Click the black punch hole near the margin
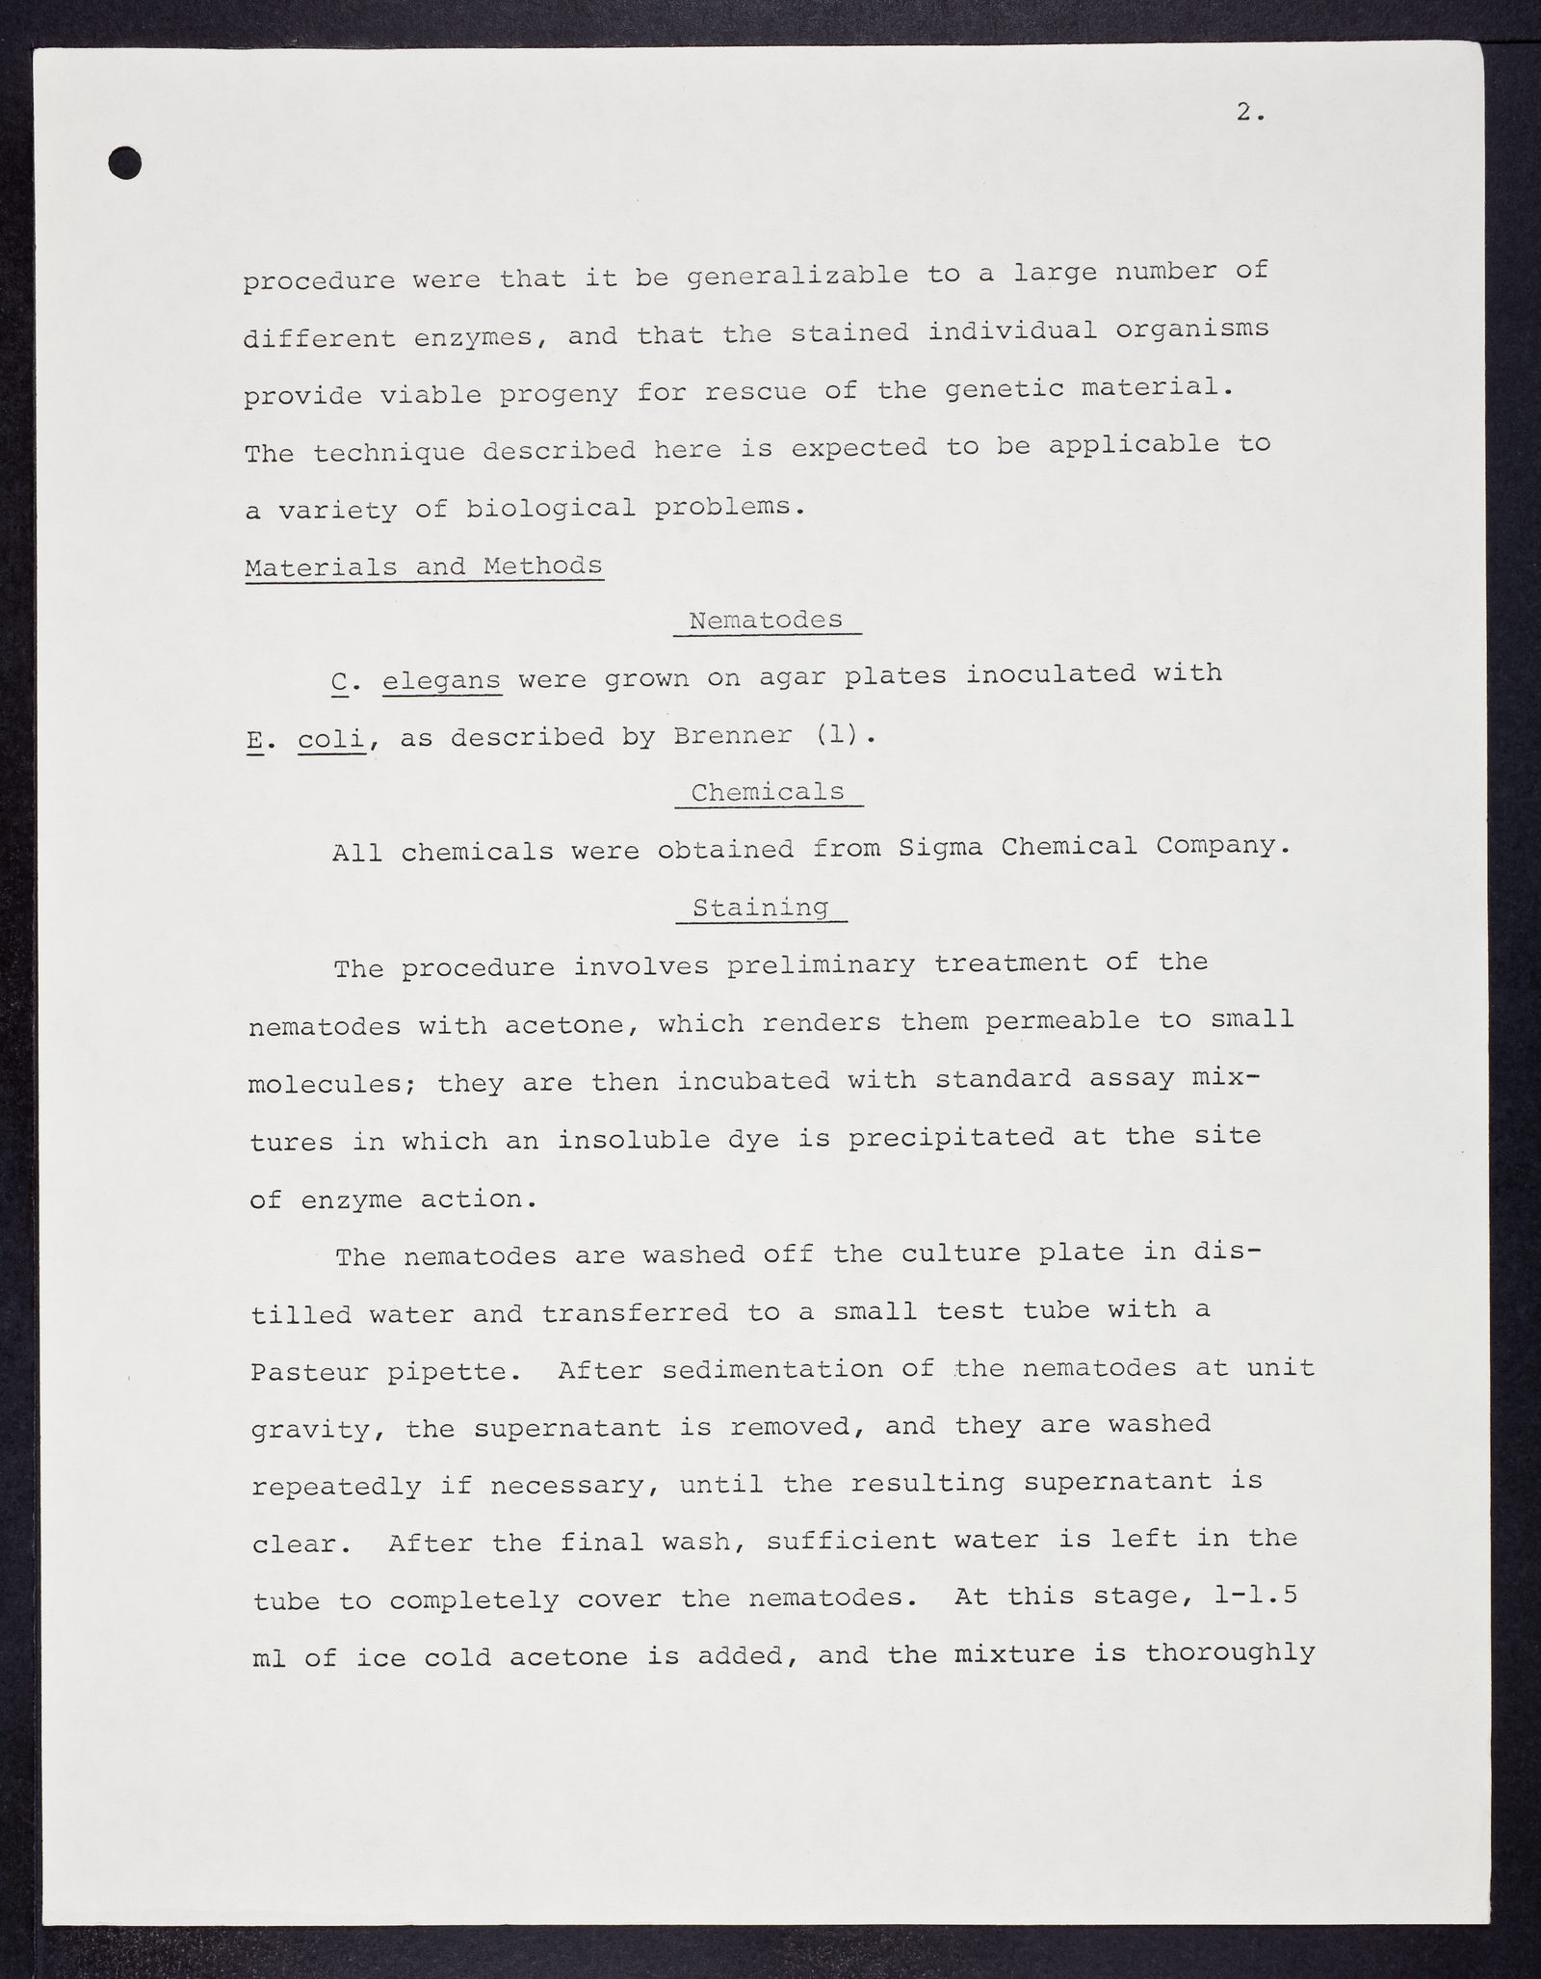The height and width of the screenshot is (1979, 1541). [x=125, y=163]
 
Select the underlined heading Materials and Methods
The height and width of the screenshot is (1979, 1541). [x=424, y=567]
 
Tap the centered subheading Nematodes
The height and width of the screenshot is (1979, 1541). [x=766, y=620]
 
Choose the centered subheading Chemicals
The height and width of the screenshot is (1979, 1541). [x=768, y=792]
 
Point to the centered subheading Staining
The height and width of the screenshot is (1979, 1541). [x=761, y=908]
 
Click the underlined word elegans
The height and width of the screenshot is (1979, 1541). [x=442, y=681]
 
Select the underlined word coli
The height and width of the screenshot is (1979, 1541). [x=332, y=739]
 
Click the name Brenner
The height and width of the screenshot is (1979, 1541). [x=731, y=736]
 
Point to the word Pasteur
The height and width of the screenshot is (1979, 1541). [x=310, y=1372]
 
